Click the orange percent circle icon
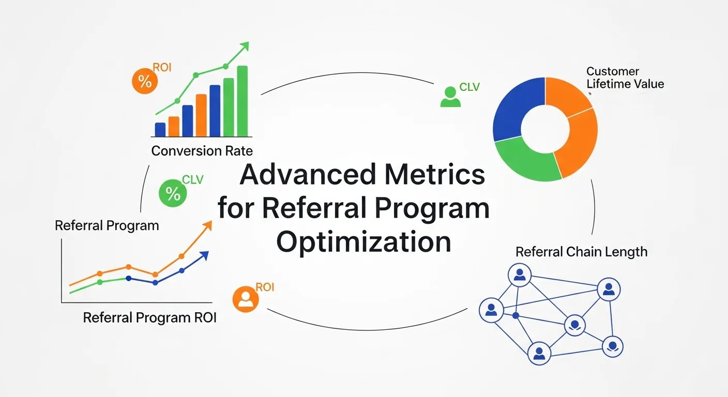point(145,82)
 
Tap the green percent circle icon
point(173,193)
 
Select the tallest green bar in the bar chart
point(242,101)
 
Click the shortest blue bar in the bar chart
point(160,129)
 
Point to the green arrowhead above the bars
point(245,46)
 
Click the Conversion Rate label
point(202,151)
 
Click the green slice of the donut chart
point(525,158)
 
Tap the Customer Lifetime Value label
point(625,78)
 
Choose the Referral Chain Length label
point(581,252)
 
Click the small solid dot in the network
point(515,315)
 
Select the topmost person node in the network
point(520,275)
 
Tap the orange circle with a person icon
point(246,299)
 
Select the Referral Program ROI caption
point(149,317)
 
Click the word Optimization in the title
point(363,242)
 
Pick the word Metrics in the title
point(434,175)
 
